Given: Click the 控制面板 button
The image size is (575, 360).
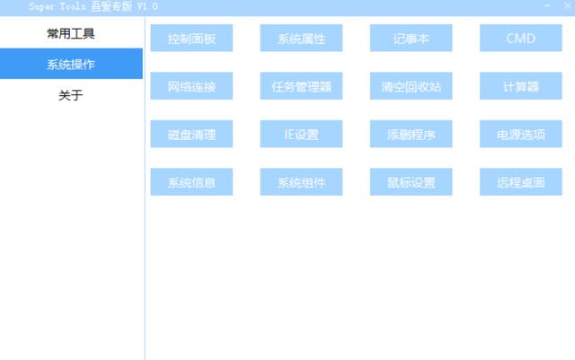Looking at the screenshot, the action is click(191, 38).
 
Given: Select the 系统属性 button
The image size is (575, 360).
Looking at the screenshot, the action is click(301, 38).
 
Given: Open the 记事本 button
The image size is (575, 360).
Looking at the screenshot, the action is click(411, 38).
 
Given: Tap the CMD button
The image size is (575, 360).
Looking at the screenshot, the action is click(521, 38).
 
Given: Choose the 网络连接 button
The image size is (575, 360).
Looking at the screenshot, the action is click(191, 86).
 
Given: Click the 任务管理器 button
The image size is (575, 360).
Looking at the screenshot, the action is click(301, 86).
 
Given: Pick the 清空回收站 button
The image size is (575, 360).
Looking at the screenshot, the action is click(411, 86).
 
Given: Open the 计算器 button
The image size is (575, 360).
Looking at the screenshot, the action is click(521, 86).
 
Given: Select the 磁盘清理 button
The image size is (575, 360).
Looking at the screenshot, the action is click(191, 134).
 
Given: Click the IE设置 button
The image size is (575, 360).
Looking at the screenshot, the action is click(301, 134).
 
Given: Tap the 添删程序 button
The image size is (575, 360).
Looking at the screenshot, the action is click(411, 134).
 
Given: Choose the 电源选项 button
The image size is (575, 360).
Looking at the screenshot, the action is click(521, 134).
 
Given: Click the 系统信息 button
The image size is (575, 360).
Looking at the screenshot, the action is click(191, 182).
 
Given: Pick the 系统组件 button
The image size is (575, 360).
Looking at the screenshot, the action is click(301, 182).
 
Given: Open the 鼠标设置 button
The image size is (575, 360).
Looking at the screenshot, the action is click(411, 182).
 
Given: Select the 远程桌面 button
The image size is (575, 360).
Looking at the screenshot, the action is click(521, 182).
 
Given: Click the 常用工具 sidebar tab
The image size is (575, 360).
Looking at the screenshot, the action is click(71, 33).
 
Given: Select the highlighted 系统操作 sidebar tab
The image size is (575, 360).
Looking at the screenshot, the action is click(71, 64).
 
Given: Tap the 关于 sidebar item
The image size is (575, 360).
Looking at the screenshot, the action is click(71, 95).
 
